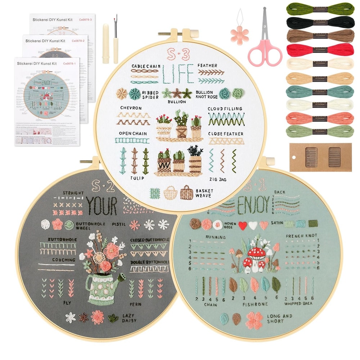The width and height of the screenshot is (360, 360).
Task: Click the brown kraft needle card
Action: (x=320, y=157)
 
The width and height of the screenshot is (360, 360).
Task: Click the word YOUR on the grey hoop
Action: (x=102, y=206)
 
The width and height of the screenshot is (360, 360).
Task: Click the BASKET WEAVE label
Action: (x=204, y=193)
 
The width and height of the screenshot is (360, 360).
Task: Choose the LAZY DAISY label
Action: (x=129, y=318)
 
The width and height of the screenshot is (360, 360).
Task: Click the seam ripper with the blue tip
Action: (x=116, y=40)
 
